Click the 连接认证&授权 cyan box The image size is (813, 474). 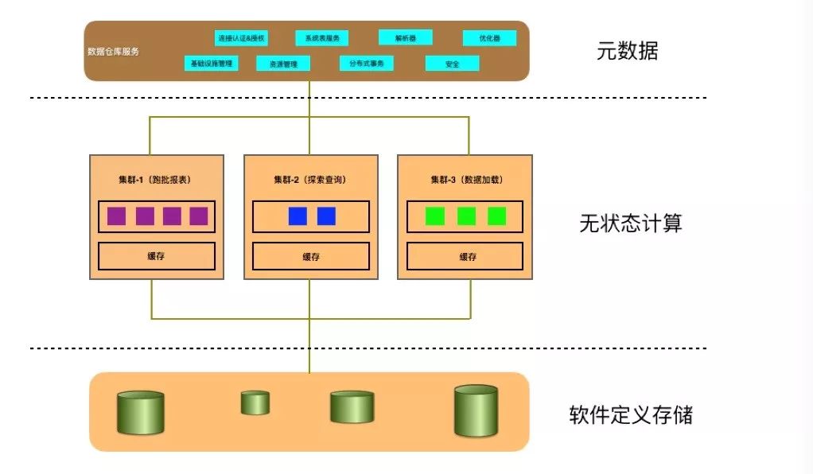[242, 37]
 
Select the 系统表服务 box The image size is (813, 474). [322, 37]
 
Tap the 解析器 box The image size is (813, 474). [405, 37]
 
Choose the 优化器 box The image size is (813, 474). [489, 37]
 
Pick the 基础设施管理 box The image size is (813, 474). [212, 63]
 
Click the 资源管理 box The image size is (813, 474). [283, 64]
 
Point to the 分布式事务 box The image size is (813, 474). [366, 63]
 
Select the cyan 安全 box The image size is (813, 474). [452, 64]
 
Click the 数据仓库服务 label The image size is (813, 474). [113, 52]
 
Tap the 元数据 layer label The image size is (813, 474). [628, 52]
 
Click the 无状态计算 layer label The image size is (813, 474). [631, 223]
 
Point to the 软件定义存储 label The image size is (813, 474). [631, 414]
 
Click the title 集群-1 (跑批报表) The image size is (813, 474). [156, 180]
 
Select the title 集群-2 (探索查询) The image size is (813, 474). [310, 180]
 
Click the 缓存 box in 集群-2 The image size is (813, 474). [311, 256]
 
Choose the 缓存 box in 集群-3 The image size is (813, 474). [465, 256]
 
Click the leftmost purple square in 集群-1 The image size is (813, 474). [116, 216]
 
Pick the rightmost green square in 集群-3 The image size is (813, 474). [496, 216]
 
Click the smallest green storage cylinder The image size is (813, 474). [255, 402]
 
